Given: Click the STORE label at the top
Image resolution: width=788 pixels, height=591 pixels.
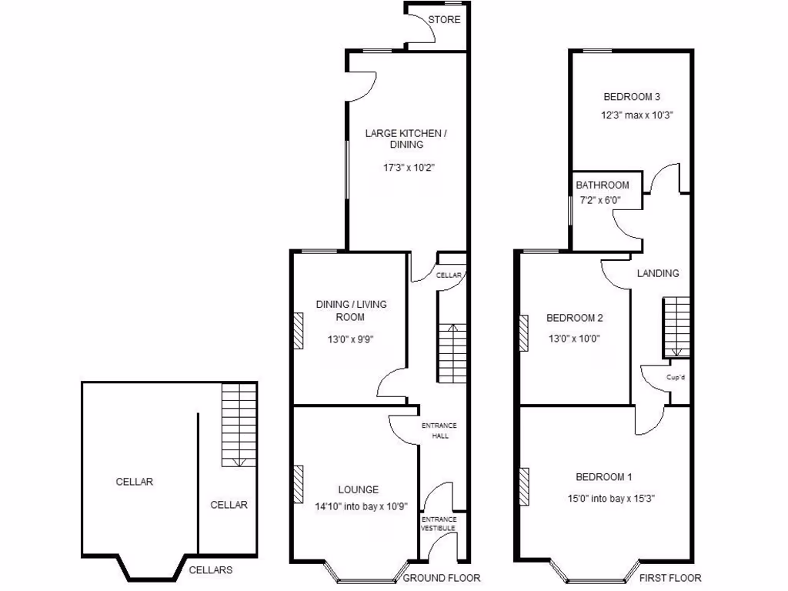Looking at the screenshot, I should [x=444, y=19].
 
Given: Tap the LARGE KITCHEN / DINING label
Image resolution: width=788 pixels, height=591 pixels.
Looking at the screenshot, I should [x=406, y=139].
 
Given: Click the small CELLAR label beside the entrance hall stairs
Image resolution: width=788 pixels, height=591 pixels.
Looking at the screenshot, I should [x=449, y=275].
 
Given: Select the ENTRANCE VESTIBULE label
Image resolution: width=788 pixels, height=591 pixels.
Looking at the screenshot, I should [x=439, y=523].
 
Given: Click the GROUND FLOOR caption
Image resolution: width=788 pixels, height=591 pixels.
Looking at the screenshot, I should [x=442, y=578].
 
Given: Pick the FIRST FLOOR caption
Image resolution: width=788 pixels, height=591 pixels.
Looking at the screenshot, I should [x=669, y=578].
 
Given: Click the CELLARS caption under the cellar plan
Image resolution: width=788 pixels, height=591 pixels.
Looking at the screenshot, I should [x=211, y=570].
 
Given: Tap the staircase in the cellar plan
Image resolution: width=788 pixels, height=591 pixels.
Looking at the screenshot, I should [x=239, y=425].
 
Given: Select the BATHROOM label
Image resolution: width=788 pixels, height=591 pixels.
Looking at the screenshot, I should [x=603, y=185].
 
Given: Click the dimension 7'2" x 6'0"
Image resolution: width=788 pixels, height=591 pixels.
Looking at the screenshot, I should [x=599, y=200].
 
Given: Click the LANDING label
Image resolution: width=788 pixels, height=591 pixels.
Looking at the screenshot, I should [x=658, y=273].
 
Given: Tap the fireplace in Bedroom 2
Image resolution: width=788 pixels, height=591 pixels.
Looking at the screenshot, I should [x=524, y=333].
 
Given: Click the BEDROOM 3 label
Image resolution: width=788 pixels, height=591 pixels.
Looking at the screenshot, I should [x=632, y=97].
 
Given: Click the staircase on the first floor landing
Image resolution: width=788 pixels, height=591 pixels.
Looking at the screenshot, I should [x=676, y=327].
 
